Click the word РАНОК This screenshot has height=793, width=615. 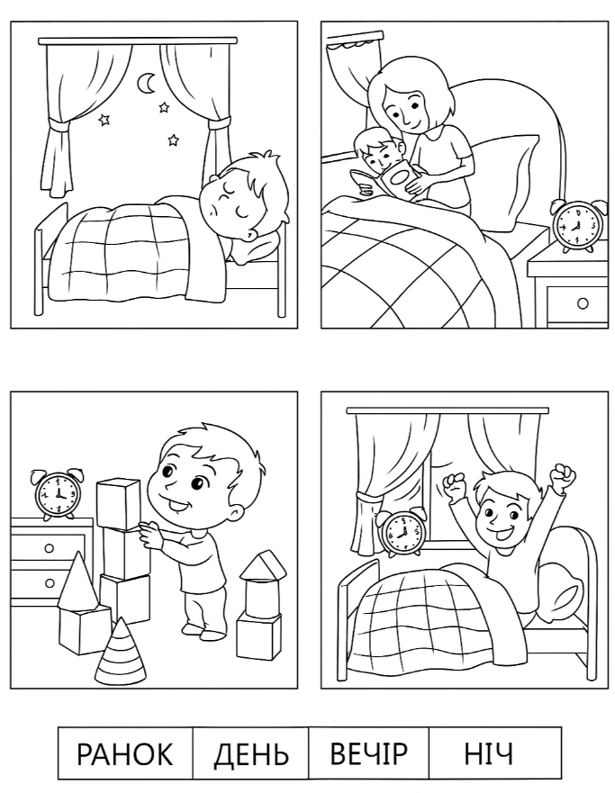pos(125,753)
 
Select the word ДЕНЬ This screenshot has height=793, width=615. pos(251,754)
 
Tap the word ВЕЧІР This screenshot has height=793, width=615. pos(368,753)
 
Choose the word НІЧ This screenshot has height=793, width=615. pos(488,753)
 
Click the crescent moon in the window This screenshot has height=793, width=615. pos(147,84)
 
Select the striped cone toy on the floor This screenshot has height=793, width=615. pos(121,651)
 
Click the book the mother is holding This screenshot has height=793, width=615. pos(387,181)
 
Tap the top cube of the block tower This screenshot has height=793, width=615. pos(118,504)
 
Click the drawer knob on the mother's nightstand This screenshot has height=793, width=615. pos(583,303)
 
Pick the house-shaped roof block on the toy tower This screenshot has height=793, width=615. pos(263,565)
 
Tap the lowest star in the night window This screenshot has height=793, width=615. pos(174,140)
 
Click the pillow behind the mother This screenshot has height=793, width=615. pos(501,179)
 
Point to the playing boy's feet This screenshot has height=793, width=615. pos(200,632)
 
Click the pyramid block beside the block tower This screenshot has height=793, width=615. pos(77,581)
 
